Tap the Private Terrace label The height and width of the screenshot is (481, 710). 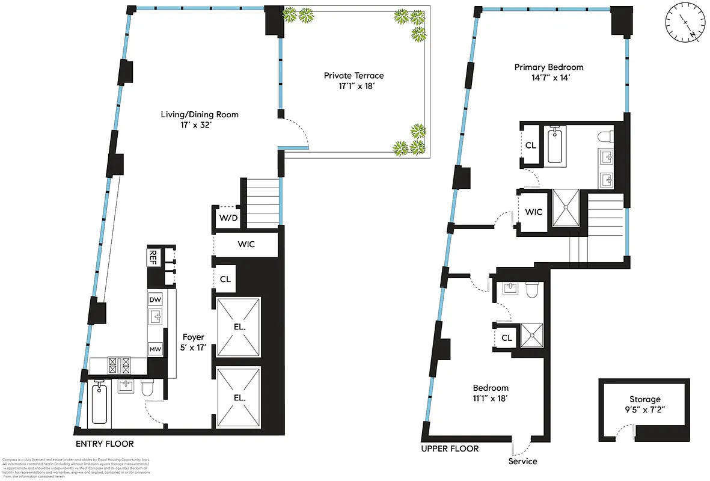tap(353, 81)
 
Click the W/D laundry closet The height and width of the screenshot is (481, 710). tap(226, 218)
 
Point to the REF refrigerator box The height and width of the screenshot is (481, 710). tap(153, 257)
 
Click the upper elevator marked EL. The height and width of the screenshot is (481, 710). tap(239, 328)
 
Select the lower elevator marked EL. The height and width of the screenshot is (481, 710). tap(239, 397)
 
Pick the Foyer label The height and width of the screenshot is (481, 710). tap(194, 342)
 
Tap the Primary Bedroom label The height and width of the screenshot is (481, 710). tap(548, 72)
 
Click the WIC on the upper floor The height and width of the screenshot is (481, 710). tap(533, 212)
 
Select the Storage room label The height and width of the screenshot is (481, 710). tap(644, 404)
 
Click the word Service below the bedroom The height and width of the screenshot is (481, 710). tap(522, 461)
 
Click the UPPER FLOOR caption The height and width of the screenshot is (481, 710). tap(450, 449)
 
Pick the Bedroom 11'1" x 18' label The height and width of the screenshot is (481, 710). tap(490, 393)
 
